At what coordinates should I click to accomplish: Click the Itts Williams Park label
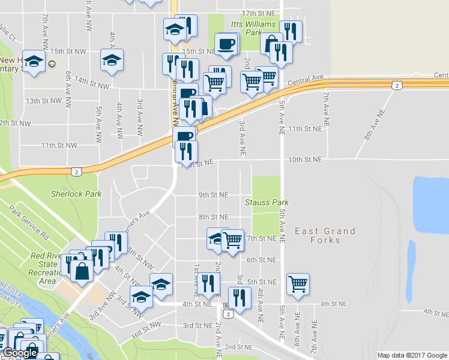click(253, 28)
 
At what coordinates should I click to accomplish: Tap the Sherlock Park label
click(76, 194)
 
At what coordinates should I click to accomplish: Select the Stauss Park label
click(267, 202)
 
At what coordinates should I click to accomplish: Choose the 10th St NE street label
click(305, 160)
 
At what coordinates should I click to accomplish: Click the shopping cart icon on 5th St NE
click(298, 283)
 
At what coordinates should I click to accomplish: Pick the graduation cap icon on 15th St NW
click(112, 60)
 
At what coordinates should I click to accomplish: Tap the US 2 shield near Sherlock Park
click(76, 171)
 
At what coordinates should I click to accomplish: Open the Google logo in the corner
click(20, 353)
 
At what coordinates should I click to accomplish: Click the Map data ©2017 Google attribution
click(412, 355)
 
